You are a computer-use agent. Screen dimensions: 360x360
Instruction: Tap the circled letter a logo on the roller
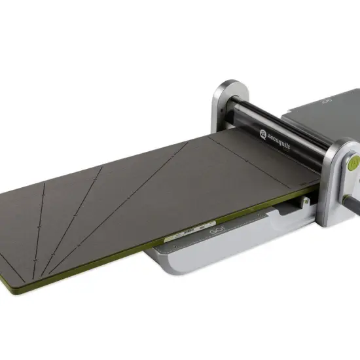(262, 135)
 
